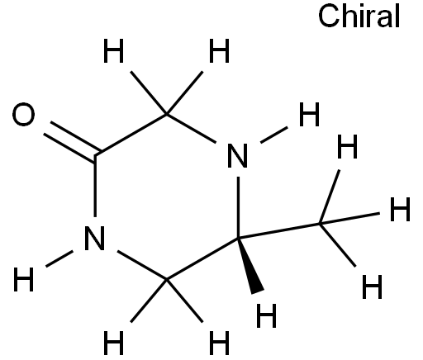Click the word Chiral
[x=359, y=17]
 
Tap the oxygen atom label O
[x=24, y=114]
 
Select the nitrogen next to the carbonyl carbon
[x=95, y=238]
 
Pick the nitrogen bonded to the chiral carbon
[x=238, y=155]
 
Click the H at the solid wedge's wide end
[x=266, y=315]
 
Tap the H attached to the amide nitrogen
[x=24, y=279]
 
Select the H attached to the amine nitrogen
[x=309, y=114]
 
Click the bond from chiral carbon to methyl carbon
[x=279, y=231]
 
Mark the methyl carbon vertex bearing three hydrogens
[x=320, y=224]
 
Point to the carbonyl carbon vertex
[x=95, y=155]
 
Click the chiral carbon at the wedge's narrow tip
[x=238, y=238]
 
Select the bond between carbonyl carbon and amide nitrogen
[x=95, y=187]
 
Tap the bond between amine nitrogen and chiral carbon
[x=238, y=207]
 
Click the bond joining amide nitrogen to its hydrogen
[x=59, y=258]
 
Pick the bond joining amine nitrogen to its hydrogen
[x=274, y=135]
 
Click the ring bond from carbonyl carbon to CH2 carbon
[x=131, y=135]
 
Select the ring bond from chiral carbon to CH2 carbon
[x=202, y=258]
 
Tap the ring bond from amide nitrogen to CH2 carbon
[x=142, y=265]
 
